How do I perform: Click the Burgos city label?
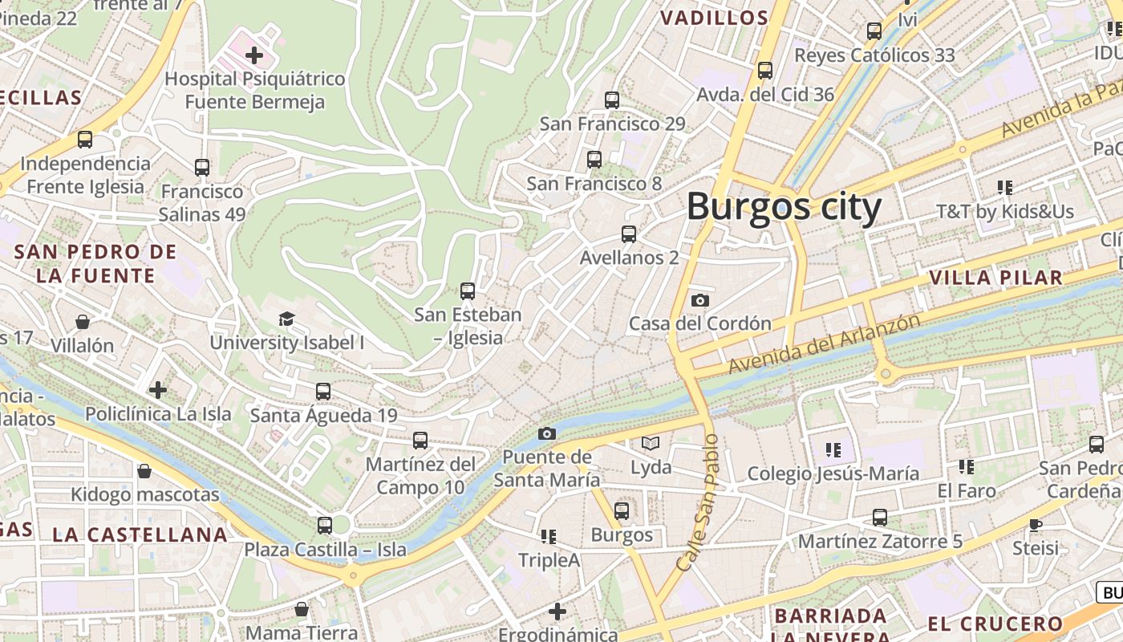tap(784, 207)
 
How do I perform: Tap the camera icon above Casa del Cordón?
tap(699, 300)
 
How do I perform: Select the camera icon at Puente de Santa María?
tap(546, 433)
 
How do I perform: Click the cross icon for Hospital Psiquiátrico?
tap(254, 55)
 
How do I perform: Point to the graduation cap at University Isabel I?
tap(286, 319)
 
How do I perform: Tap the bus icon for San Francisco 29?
tap(612, 100)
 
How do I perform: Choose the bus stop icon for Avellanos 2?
tap(629, 234)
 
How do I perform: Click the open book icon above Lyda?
tap(651, 443)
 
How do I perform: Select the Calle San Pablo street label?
tap(698, 502)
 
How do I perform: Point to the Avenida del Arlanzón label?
tap(824, 343)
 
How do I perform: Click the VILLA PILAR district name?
tap(995, 278)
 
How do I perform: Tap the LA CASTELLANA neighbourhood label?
tap(140, 534)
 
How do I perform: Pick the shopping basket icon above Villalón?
tap(82, 322)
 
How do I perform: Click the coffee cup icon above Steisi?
tap(1036, 525)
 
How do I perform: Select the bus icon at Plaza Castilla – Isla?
tap(324, 526)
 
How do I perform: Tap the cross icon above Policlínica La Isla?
tap(158, 390)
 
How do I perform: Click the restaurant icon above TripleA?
tap(549, 536)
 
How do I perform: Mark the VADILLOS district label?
tap(714, 18)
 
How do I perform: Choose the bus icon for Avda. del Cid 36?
tap(765, 71)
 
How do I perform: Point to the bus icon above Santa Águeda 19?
tap(323, 392)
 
